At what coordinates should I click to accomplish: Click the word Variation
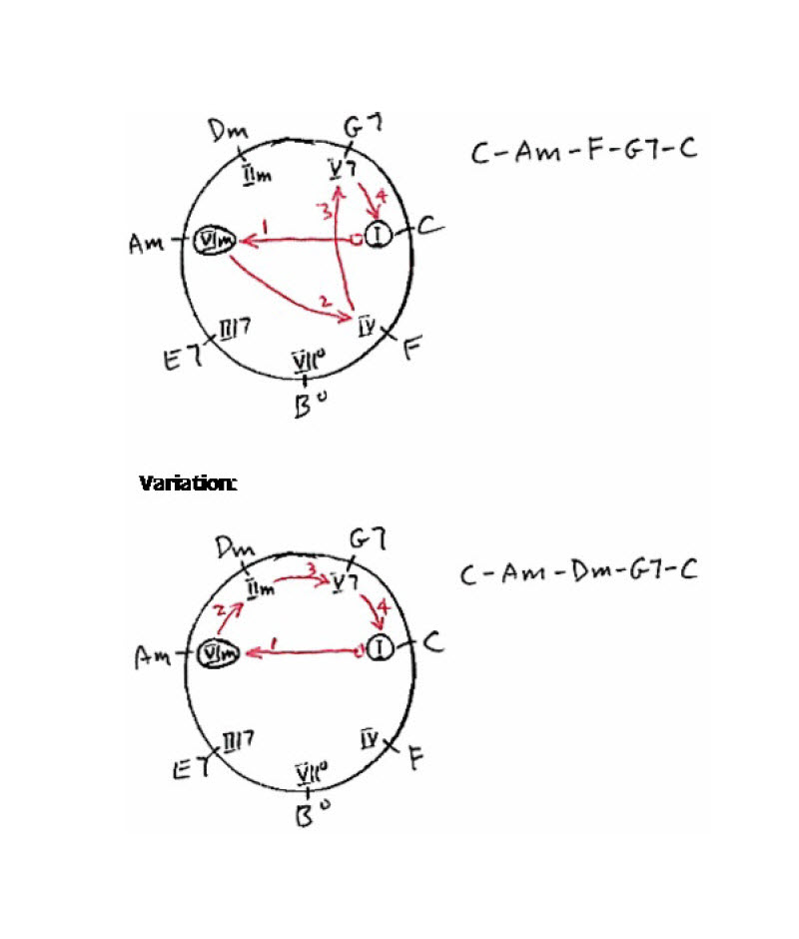(x=188, y=483)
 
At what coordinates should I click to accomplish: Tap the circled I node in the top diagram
(x=379, y=237)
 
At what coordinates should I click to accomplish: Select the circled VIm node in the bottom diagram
(x=217, y=655)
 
